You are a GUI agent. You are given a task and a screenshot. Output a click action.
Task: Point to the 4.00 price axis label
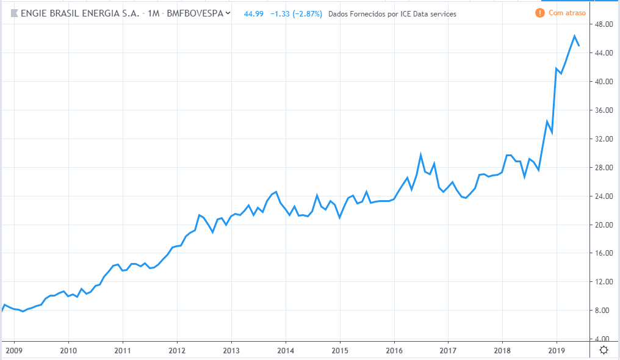[x=602, y=339]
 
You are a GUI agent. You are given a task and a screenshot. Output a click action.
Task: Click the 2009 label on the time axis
[x=13, y=351]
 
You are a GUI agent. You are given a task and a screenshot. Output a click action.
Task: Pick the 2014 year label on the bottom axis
[x=286, y=351]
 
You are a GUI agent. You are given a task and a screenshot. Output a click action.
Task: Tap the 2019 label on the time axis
[x=557, y=351]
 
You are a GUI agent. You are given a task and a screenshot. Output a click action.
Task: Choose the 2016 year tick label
[x=394, y=351]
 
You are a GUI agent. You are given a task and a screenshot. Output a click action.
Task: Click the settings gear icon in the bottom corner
[x=604, y=350]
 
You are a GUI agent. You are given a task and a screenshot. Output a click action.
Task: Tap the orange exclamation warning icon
[x=539, y=13]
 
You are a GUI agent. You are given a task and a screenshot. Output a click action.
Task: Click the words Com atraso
[x=567, y=13]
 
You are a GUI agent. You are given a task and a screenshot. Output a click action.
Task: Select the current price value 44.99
[x=253, y=13]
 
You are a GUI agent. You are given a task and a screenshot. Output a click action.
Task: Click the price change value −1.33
[x=279, y=13]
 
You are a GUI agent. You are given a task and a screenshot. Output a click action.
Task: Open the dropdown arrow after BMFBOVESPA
[x=228, y=13]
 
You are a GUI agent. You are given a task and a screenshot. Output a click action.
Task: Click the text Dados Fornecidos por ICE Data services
[x=392, y=13]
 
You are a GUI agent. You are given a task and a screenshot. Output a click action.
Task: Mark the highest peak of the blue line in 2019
[x=574, y=36]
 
